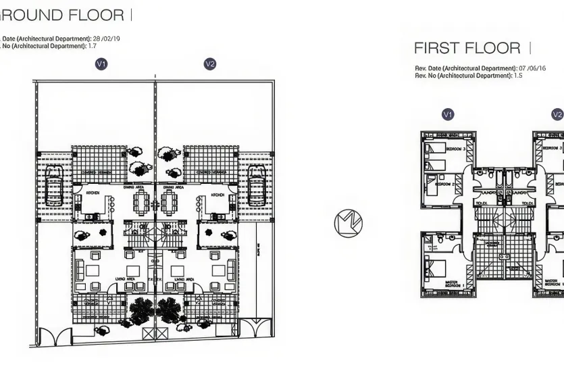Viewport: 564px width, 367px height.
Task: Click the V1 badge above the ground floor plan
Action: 102,64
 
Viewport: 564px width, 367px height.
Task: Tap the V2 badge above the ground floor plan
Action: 210,64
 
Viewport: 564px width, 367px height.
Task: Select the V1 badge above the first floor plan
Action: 447,114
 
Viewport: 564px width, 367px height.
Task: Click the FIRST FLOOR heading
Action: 467,48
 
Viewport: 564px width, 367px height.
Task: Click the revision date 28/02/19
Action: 106,39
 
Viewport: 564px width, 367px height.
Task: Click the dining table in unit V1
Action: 141,201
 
